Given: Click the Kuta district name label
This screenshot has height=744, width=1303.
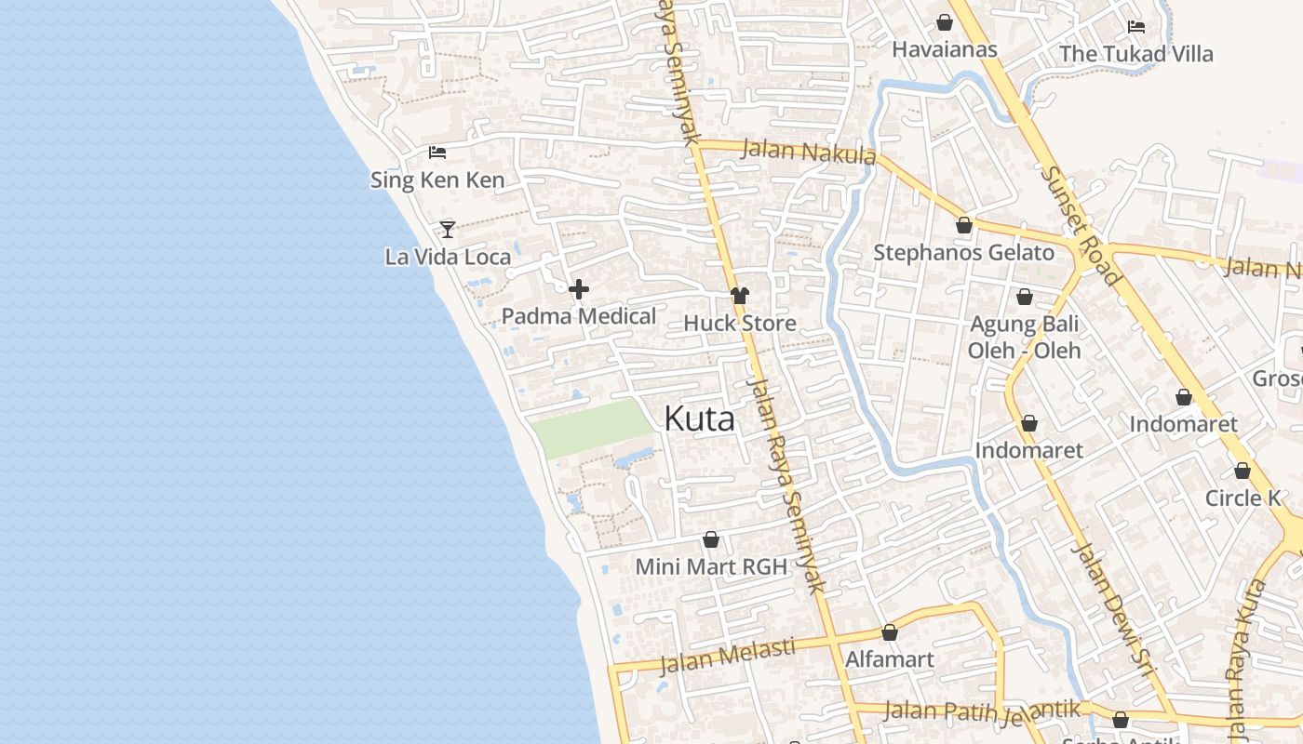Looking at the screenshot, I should click(x=700, y=419).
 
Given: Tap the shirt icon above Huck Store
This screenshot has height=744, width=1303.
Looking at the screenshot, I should click(x=740, y=297).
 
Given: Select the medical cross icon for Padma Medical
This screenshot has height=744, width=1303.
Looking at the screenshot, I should click(x=579, y=290).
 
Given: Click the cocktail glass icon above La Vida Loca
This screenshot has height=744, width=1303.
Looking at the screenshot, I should click(x=448, y=229).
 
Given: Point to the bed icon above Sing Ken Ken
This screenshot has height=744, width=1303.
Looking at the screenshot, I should click(x=437, y=153).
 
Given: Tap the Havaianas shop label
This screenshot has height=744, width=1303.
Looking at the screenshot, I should click(x=945, y=49).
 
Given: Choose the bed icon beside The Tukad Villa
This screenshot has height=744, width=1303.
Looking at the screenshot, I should click(x=1136, y=27).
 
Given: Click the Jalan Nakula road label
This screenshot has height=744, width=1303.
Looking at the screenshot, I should click(x=809, y=152).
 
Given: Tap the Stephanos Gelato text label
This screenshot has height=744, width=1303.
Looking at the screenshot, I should click(x=964, y=253).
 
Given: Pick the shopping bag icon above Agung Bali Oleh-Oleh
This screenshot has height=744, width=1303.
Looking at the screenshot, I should click(x=1025, y=298).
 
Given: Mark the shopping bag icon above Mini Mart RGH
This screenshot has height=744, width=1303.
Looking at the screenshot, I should click(x=711, y=540).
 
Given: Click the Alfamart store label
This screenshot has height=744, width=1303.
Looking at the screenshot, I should click(x=890, y=660).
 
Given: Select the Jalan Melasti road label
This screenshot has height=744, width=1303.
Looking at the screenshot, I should click(x=728, y=655).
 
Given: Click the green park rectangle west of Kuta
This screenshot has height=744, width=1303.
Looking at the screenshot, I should click(x=592, y=429).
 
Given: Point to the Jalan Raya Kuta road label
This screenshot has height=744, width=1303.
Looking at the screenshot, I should click(x=1246, y=660).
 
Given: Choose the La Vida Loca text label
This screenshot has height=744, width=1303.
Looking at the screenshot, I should click(x=449, y=257).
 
